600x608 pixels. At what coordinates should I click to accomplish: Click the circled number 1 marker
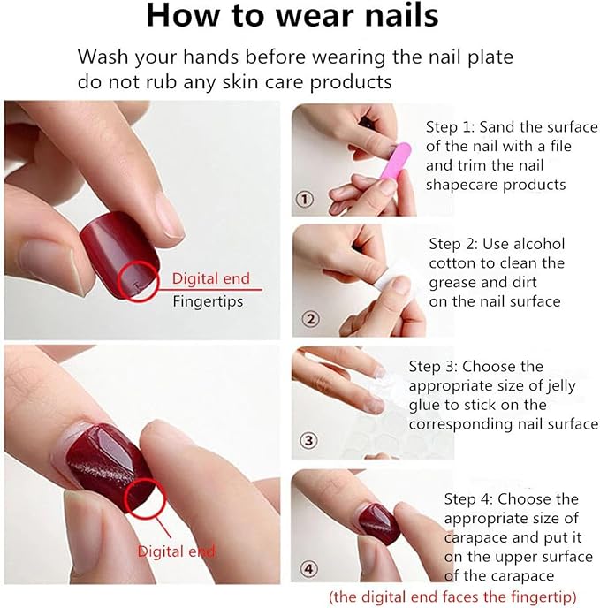click(x=305, y=200)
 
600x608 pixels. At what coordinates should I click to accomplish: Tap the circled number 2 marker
click(x=311, y=319)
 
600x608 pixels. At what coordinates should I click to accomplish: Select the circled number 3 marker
click(x=308, y=441)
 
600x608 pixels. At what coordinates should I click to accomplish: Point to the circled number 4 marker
click(x=308, y=569)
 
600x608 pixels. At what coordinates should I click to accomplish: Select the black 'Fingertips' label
click(x=208, y=301)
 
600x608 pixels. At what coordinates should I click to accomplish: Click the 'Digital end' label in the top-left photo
click(x=210, y=278)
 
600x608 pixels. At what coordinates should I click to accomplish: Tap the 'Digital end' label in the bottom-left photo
click(x=176, y=551)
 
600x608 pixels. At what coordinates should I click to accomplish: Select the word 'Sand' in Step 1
click(x=497, y=126)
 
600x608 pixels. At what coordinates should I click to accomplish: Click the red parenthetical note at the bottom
click(x=452, y=597)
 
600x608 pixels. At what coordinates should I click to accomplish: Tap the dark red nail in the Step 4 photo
click(x=379, y=523)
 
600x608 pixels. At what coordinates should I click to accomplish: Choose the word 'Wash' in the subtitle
click(x=103, y=57)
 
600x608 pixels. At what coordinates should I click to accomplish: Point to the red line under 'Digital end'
click(x=210, y=289)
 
